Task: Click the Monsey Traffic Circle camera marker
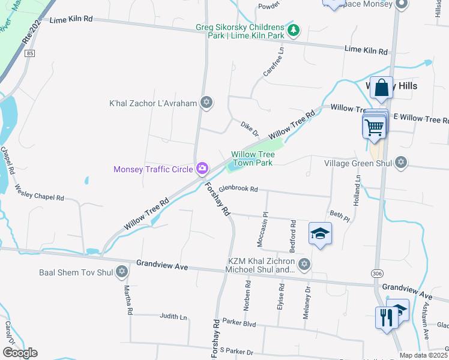203,169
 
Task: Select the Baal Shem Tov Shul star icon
122,272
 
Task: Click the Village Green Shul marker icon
400,163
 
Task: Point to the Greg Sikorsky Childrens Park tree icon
294,29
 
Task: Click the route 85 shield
30,53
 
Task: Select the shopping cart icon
373,127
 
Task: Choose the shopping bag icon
381,89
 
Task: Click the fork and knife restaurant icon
385,316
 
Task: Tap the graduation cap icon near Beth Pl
321,233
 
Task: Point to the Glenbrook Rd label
238,189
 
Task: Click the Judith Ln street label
173,316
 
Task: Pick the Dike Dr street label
249,129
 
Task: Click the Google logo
20,353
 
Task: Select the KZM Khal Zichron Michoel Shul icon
304,264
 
